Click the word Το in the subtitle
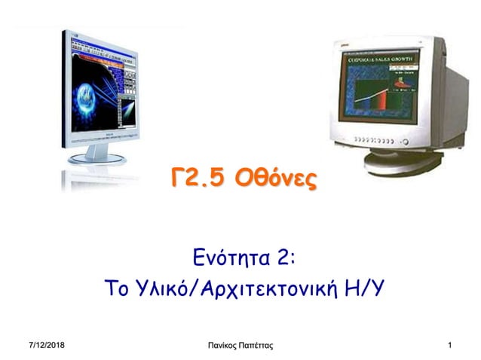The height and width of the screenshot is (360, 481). [x=117, y=290]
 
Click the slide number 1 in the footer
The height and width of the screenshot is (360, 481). [x=449, y=345]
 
